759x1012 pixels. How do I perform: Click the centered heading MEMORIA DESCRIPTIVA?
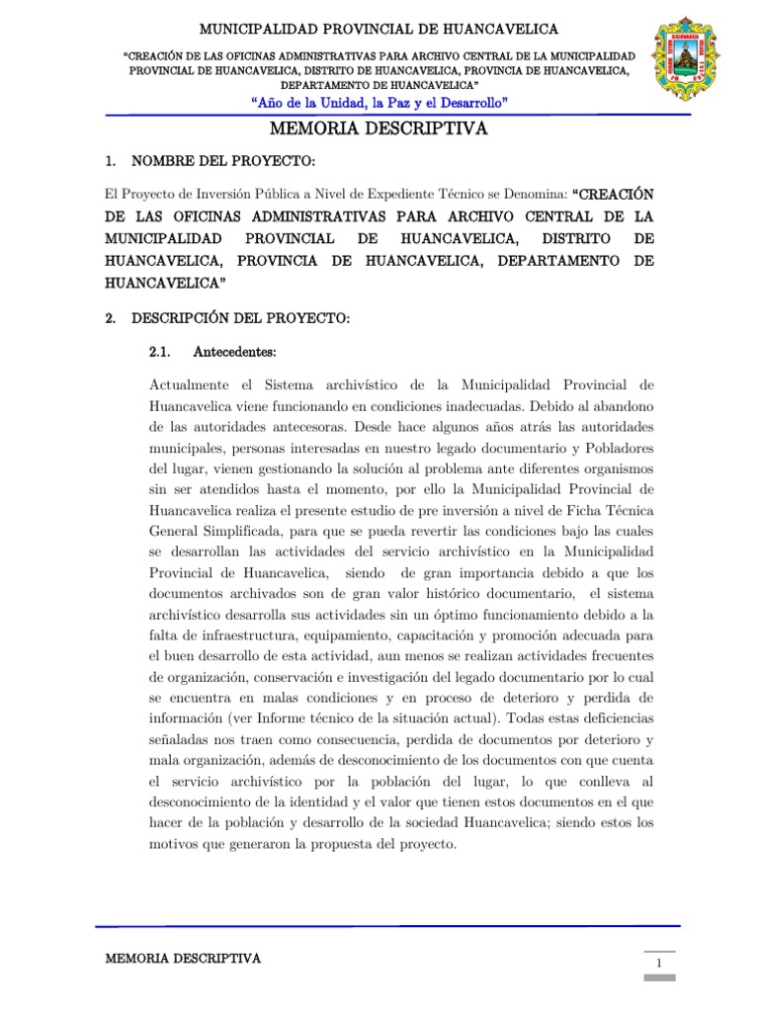pos(379,129)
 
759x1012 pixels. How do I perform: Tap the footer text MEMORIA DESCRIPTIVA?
pos(183,959)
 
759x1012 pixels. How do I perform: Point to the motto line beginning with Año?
pos(379,103)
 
